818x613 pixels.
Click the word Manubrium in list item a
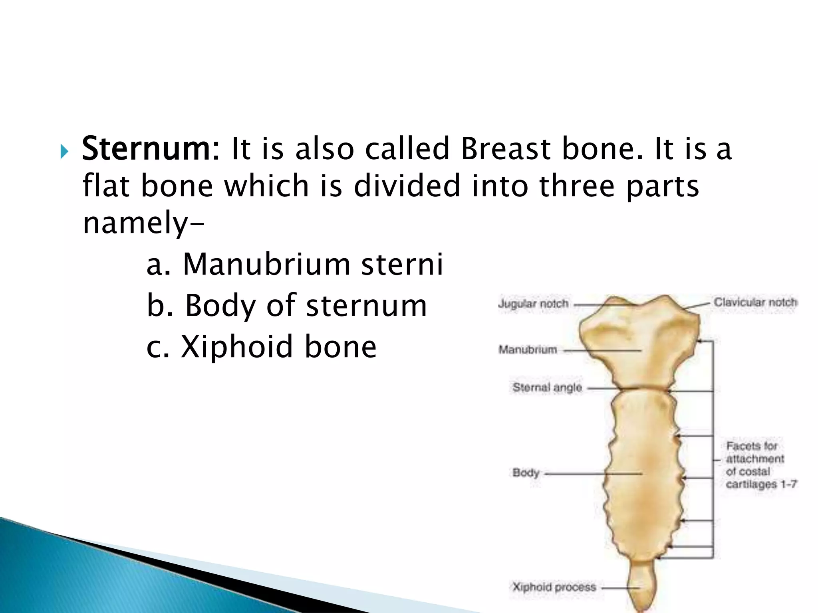(266, 265)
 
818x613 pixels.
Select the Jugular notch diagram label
(533, 304)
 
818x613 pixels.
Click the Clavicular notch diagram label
(755, 302)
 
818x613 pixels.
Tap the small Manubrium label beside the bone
(528, 350)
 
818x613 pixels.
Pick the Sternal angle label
(547, 387)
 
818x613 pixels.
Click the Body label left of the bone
(526, 473)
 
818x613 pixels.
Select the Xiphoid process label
(554, 587)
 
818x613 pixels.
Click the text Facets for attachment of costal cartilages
(755, 465)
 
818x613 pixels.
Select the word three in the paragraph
(576, 186)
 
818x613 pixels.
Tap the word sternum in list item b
(366, 306)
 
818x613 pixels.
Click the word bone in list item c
(340, 347)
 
